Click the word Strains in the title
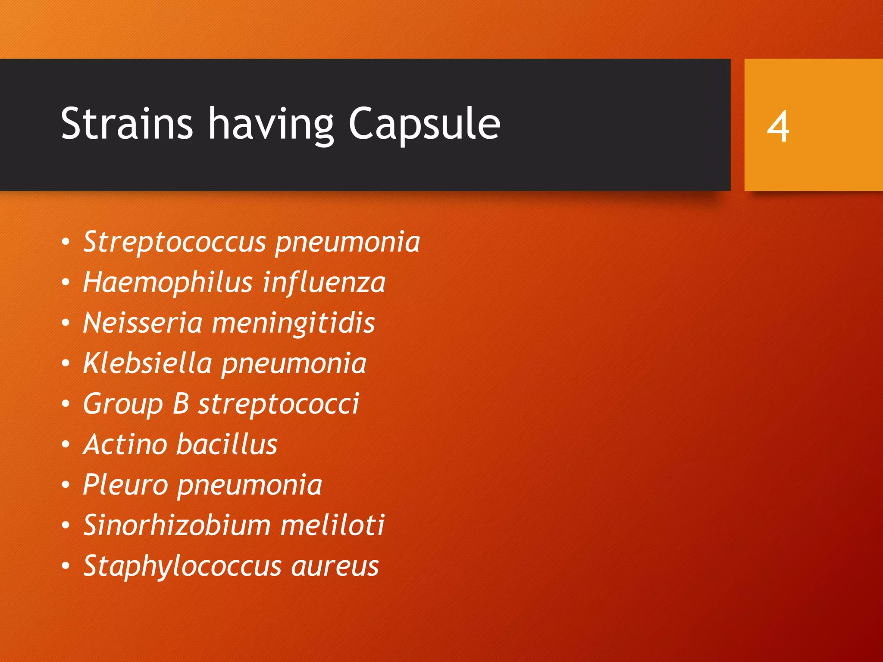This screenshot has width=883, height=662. pyautogui.click(x=126, y=124)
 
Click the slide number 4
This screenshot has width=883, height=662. pyautogui.click(x=778, y=126)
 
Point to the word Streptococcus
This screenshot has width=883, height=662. pyautogui.click(x=175, y=242)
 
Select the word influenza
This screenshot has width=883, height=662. pyautogui.click(x=324, y=283)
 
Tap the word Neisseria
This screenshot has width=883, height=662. pyautogui.click(x=143, y=323)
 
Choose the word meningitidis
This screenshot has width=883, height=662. pyautogui.click(x=294, y=324)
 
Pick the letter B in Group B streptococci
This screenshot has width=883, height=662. pyautogui.click(x=181, y=404)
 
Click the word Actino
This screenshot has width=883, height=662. pyautogui.click(x=125, y=444)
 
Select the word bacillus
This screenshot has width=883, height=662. pyautogui.click(x=227, y=444)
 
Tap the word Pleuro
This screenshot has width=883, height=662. pyautogui.click(x=125, y=485)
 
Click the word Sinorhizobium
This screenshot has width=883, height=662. pyautogui.click(x=177, y=525)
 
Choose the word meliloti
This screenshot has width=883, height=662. pyautogui.click(x=332, y=525)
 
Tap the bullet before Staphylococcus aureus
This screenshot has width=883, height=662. pyautogui.click(x=66, y=565)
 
